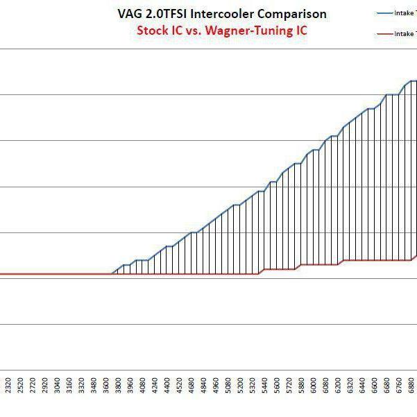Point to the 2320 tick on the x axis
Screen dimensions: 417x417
click(x=8, y=385)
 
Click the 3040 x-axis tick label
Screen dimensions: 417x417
click(x=57, y=385)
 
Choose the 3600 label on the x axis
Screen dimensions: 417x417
click(x=106, y=385)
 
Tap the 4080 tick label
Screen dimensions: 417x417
click(x=143, y=385)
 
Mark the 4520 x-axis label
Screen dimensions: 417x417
click(x=180, y=385)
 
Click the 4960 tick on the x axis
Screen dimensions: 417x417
click(x=216, y=385)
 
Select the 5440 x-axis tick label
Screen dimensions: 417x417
click(x=266, y=385)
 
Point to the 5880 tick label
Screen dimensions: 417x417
click(x=303, y=385)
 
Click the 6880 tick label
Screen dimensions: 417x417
click(x=413, y=385)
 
